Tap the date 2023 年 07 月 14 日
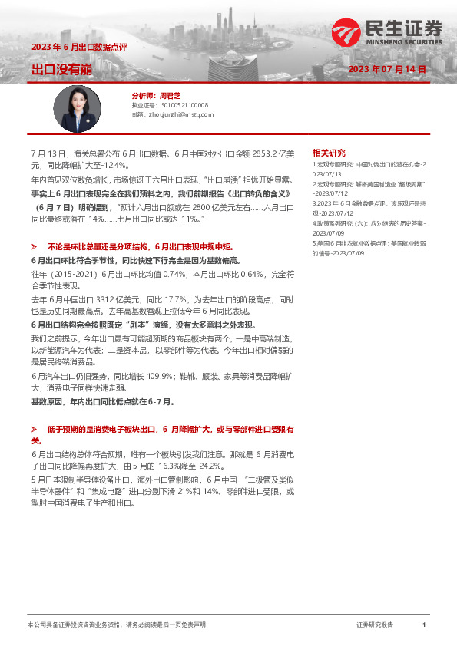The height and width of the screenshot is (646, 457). point(387,69)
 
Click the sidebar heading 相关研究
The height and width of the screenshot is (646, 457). point(329,153)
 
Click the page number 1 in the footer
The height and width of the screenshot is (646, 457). point(424,625)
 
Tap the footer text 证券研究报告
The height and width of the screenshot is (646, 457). point(375,625)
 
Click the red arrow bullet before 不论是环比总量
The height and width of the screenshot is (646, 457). point(35,247)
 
